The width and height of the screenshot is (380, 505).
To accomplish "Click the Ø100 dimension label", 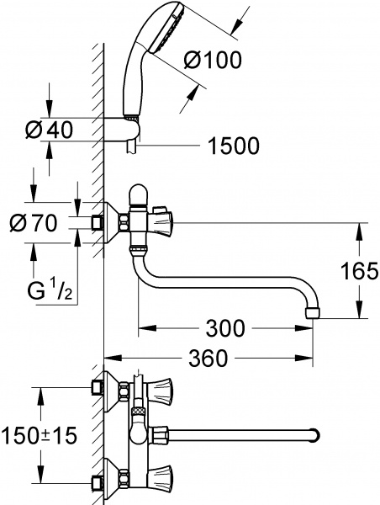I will [212, 60].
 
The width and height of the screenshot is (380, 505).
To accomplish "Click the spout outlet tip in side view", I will [313, 313].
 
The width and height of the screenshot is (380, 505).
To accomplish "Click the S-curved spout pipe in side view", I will [227, 286].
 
